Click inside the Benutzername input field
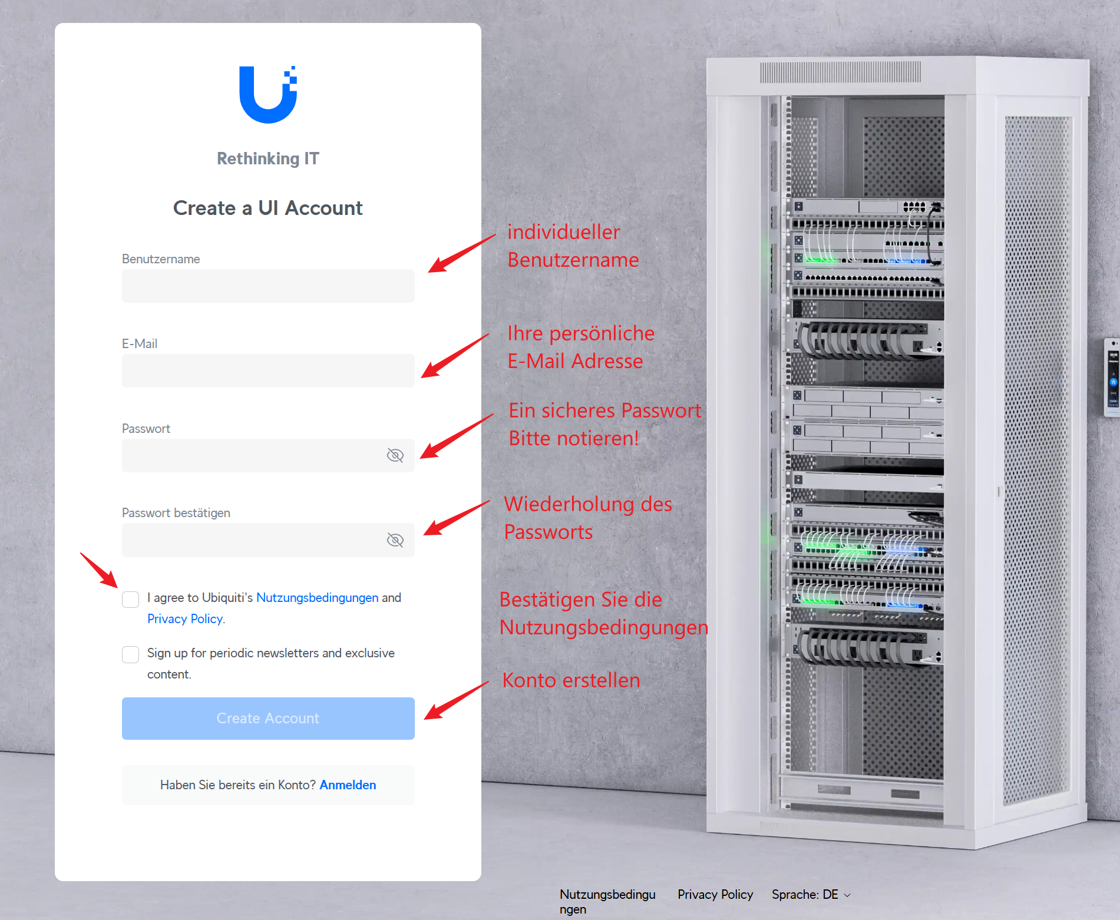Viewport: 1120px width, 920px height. pos(268,286)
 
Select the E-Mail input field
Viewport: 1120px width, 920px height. pos(268,370)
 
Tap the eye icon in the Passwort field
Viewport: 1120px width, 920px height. pos(395,455)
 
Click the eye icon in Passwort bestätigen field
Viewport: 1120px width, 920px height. pos(395,540)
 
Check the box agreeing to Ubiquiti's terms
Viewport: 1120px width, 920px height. pos(130,599)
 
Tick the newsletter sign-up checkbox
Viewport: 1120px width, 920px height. pos(130,654)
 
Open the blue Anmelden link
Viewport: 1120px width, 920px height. pos(348,785)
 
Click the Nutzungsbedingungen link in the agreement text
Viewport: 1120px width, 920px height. pos(317,598)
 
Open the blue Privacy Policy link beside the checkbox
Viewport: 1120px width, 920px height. pos(185,619)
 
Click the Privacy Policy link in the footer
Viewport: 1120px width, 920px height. pos(715,895)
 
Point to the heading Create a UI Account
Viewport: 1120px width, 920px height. pos(268,208)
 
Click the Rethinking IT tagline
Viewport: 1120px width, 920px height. pos(268,158)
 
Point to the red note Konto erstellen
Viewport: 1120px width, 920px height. pos(571,680)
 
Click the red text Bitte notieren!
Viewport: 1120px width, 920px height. pos(574,439)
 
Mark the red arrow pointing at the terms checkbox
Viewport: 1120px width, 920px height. pos(99,570)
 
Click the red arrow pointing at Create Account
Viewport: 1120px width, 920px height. pos(457,700)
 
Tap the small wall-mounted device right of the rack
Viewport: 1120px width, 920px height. pos(1112,377)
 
